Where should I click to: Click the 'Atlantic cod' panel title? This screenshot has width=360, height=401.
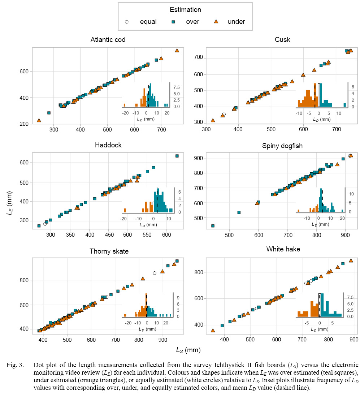pos(108,39)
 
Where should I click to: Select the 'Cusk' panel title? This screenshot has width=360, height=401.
pos(282,39)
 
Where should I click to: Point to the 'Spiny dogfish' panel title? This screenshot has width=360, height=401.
pos(282,146)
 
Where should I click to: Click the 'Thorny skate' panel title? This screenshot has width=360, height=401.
pos(108,251)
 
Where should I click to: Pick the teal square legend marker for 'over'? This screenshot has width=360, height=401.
pos(173,22)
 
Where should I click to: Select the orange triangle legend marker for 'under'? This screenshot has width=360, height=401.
pos(216,22)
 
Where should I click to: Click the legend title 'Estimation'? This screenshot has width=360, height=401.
pos(185,10)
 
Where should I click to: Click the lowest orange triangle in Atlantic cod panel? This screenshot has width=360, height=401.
pos(39,120)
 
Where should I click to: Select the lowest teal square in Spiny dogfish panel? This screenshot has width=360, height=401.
pos(213,226)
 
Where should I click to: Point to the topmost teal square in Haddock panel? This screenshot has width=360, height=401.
pos(177,156)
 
